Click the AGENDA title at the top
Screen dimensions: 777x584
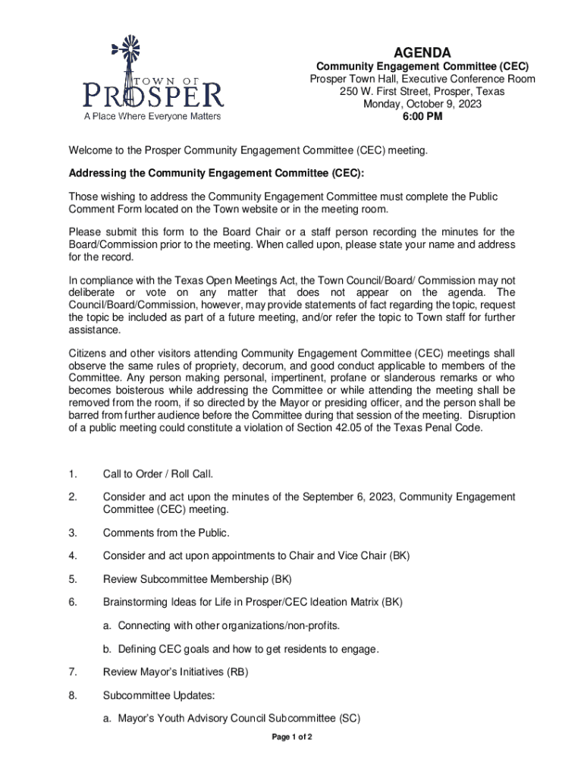(422, 52)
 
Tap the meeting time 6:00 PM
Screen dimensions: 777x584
(422, 117)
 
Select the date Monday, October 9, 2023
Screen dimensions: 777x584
(422, 104)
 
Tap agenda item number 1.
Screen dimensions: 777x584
(72, 474)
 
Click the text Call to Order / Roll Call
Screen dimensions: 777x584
(158, 474)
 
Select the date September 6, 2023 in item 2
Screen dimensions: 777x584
(349, 497)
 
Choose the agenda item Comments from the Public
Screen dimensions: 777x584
(165, 533)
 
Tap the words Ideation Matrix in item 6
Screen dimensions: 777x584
(341, 602)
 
